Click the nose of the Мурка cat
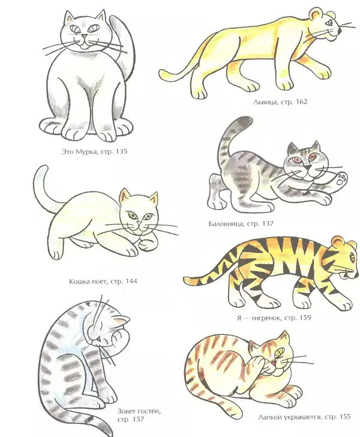84,36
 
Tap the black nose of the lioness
340,31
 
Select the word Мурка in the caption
86,152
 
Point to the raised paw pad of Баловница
341,179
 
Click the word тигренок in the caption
265,318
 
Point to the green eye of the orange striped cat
280,352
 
